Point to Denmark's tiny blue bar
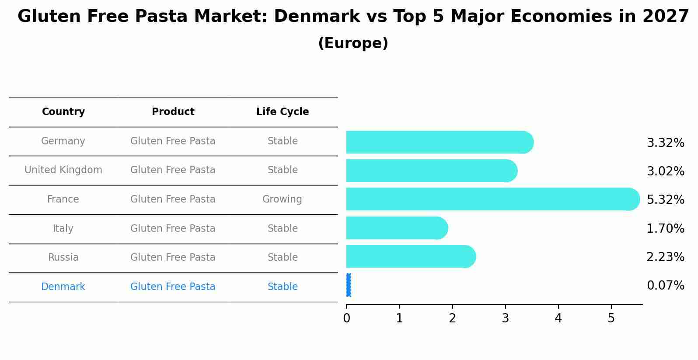(x=349, y=285)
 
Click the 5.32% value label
(x=665, y=200)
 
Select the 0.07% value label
(x=665, y=286)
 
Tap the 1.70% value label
(x=665, y=228)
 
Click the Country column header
(x=63, y=112)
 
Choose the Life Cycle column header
(x=283, y=112)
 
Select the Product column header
(x=173, y=112)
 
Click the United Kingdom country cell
(x=63, y=170)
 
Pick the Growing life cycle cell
(x=282, y=199)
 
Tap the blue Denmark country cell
(x=63, y=287)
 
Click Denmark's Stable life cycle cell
(x=283, y=287)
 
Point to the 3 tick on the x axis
(x=505, y=318)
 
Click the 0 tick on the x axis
(x=346, y=318)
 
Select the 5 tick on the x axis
(x=611, y=318)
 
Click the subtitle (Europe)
(x=353, y=43)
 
